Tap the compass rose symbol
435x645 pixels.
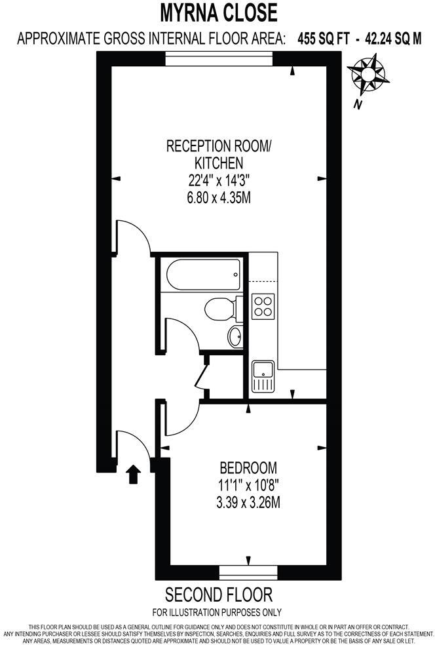tap(368, 74)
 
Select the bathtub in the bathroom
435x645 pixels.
tap(203, 275)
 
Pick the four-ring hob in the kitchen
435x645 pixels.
tap(263, 306)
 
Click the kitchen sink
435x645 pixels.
tap(263, 377)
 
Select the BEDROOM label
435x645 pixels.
tap(248, 468)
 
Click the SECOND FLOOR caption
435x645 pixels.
tap(218, 595)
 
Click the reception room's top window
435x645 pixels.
tap(218, 60)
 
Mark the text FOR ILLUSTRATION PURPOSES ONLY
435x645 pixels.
tap(217, 613)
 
